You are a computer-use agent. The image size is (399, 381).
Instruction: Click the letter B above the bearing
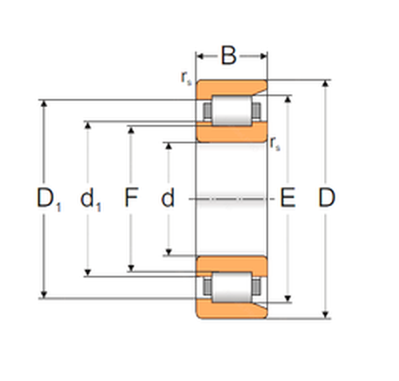(229, 56)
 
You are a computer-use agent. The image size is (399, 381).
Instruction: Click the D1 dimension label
(49, 199)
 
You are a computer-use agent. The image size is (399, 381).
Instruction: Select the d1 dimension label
(91, 199)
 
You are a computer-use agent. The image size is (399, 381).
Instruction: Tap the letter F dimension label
(132, 197)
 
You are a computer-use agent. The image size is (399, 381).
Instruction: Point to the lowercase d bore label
(168, 197)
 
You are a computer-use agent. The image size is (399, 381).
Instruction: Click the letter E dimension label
(288, 197)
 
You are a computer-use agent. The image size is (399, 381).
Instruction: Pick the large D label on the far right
(326, 197)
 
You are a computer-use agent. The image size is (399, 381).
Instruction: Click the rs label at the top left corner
(186, 78)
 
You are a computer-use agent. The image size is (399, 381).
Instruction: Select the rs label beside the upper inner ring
(275, 144)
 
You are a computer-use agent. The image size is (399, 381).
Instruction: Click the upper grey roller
(232, 110)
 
